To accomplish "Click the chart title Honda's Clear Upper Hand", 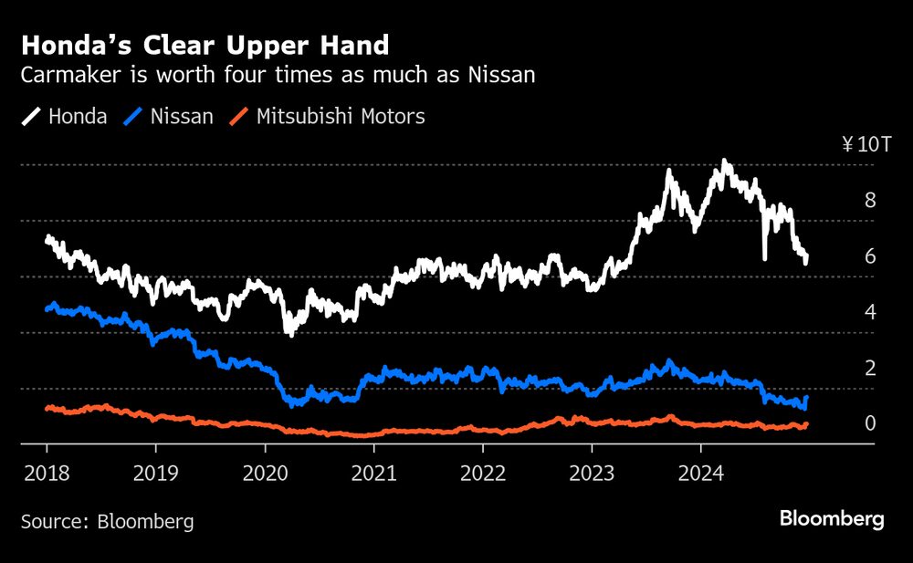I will (205, 45).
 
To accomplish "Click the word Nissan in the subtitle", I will (499, 76).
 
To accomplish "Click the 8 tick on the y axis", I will (870, 200).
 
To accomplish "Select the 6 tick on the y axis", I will (870, 256).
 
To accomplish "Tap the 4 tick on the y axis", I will (870, 312).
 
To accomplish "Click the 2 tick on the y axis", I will (870, 368).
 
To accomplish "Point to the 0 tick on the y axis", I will (870, 423).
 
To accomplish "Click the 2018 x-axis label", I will (47, 474).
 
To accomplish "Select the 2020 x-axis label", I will (265, 474).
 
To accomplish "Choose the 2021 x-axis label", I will (373, 474).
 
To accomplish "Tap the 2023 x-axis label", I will (592, 474).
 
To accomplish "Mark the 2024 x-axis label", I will (700, 474).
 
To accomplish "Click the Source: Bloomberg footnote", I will (108, 521).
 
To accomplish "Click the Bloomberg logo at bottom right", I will (832, 519).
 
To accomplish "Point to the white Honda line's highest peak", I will (725, 162).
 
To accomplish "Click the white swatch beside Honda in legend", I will (32, 117).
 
